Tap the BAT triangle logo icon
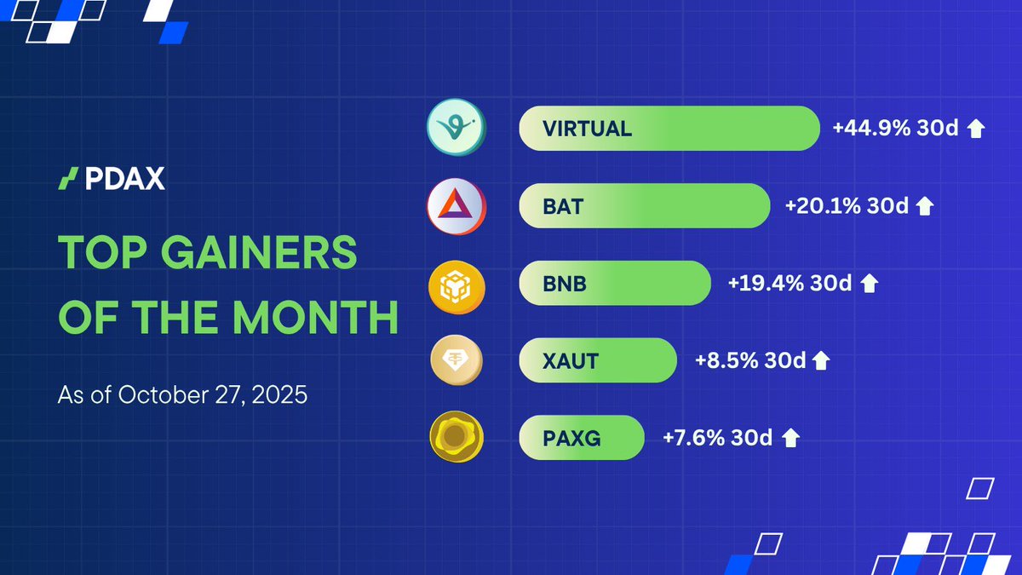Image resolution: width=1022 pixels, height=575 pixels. pos(456,206)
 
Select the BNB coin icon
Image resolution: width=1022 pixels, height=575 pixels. pos(456,284)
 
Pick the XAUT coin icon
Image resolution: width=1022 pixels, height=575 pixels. pos(456,360)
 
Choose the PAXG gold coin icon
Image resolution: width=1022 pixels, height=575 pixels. pos(456,438)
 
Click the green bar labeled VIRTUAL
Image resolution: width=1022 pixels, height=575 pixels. pos(669,129)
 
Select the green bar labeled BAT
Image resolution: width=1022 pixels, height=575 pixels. pos(644,206)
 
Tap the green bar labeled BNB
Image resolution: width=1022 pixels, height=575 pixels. pos(614,284)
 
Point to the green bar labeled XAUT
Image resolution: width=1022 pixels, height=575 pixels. pos(597,360)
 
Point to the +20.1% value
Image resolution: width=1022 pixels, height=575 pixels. pos(820,206)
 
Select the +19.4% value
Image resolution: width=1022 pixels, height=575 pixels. pos(761,284)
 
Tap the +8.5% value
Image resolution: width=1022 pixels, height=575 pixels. pos(724,360)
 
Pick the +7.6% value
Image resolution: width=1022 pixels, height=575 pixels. pos(691,438)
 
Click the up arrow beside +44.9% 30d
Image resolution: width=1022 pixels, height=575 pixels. pos(976,129)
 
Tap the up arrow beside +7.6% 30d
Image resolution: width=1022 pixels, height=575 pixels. pos(790,439)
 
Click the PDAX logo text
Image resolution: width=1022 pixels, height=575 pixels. pos(124,179)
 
